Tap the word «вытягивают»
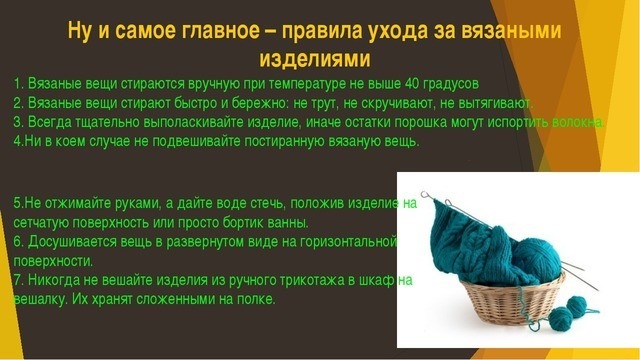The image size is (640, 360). (x=496, y=103)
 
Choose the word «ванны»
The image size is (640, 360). (x=286, y=222)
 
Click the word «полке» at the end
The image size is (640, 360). (x=253, y=300)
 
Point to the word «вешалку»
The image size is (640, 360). (x=41, y=300)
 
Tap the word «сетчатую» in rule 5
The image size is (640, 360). (x=44, y=222)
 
